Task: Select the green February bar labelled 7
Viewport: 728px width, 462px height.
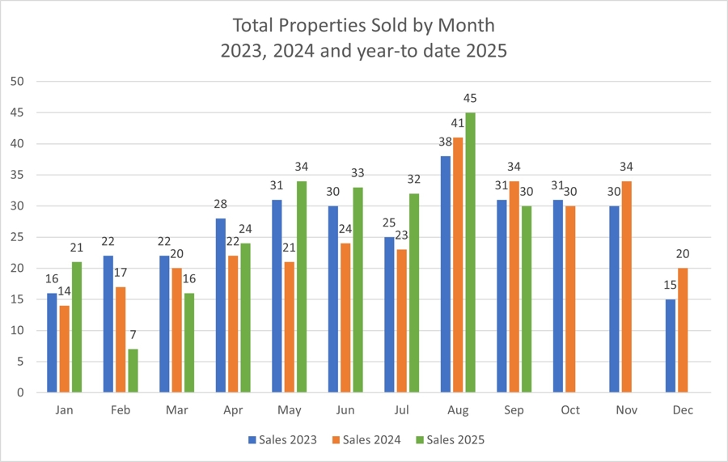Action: (x=133, y=371)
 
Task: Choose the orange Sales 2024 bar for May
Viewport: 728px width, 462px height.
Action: (x=290, y=327)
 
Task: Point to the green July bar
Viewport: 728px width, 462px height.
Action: (x=414, y=293)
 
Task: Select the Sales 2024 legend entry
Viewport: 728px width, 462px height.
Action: (x=371, y=439)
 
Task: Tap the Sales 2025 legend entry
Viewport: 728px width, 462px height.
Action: (x=455, y=439)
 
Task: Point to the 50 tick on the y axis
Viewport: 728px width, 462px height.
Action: (x=18, y=82)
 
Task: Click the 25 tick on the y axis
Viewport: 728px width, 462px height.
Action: (x=18, y=237)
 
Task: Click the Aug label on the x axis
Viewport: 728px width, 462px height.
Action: (x=457, y=410)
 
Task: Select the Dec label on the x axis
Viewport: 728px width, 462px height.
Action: (x=682, y=410)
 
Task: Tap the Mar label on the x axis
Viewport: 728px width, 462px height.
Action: (x=176, y=410)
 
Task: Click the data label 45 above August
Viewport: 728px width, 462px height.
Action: (x=470, y=99)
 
